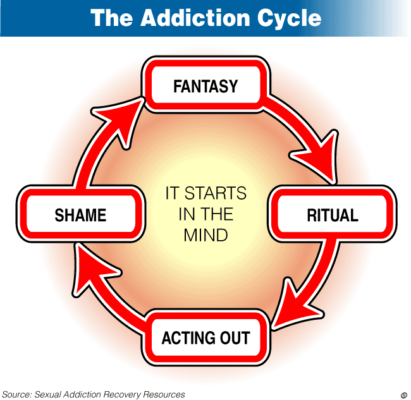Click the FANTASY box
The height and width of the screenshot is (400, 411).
[x=205, y=86]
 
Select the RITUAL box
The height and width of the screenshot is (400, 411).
[x=332, y=215]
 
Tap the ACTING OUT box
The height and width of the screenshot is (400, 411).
[x=205, y=337]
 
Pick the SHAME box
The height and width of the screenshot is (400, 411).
[x=80, y=215]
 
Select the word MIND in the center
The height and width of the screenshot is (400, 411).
[x=205, y=235]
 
